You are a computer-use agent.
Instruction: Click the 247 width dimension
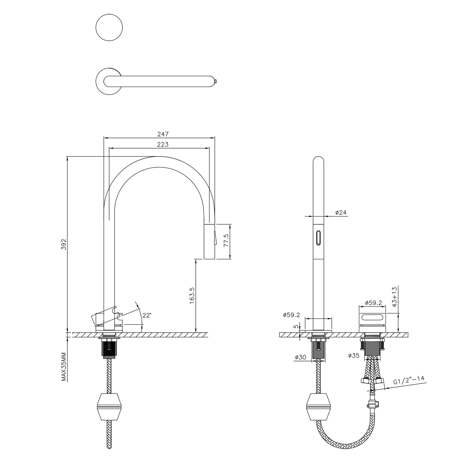click(x=162, y=134)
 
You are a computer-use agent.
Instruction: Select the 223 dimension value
click(x=162, y=144)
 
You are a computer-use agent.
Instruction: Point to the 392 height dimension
click(x=64, y=244)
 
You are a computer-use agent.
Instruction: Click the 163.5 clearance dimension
click(x=192, y=295)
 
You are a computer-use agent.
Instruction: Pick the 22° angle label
click(x=147, y=315)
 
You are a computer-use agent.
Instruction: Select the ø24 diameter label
click(x=341, y=213)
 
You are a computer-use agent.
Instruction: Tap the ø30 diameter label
click(x=301, y=357)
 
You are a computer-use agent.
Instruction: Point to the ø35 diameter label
click(x=354, y=356)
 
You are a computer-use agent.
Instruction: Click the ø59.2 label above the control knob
click(x=373, y=303)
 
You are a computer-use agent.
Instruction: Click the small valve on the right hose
click(x=372, y=403)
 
